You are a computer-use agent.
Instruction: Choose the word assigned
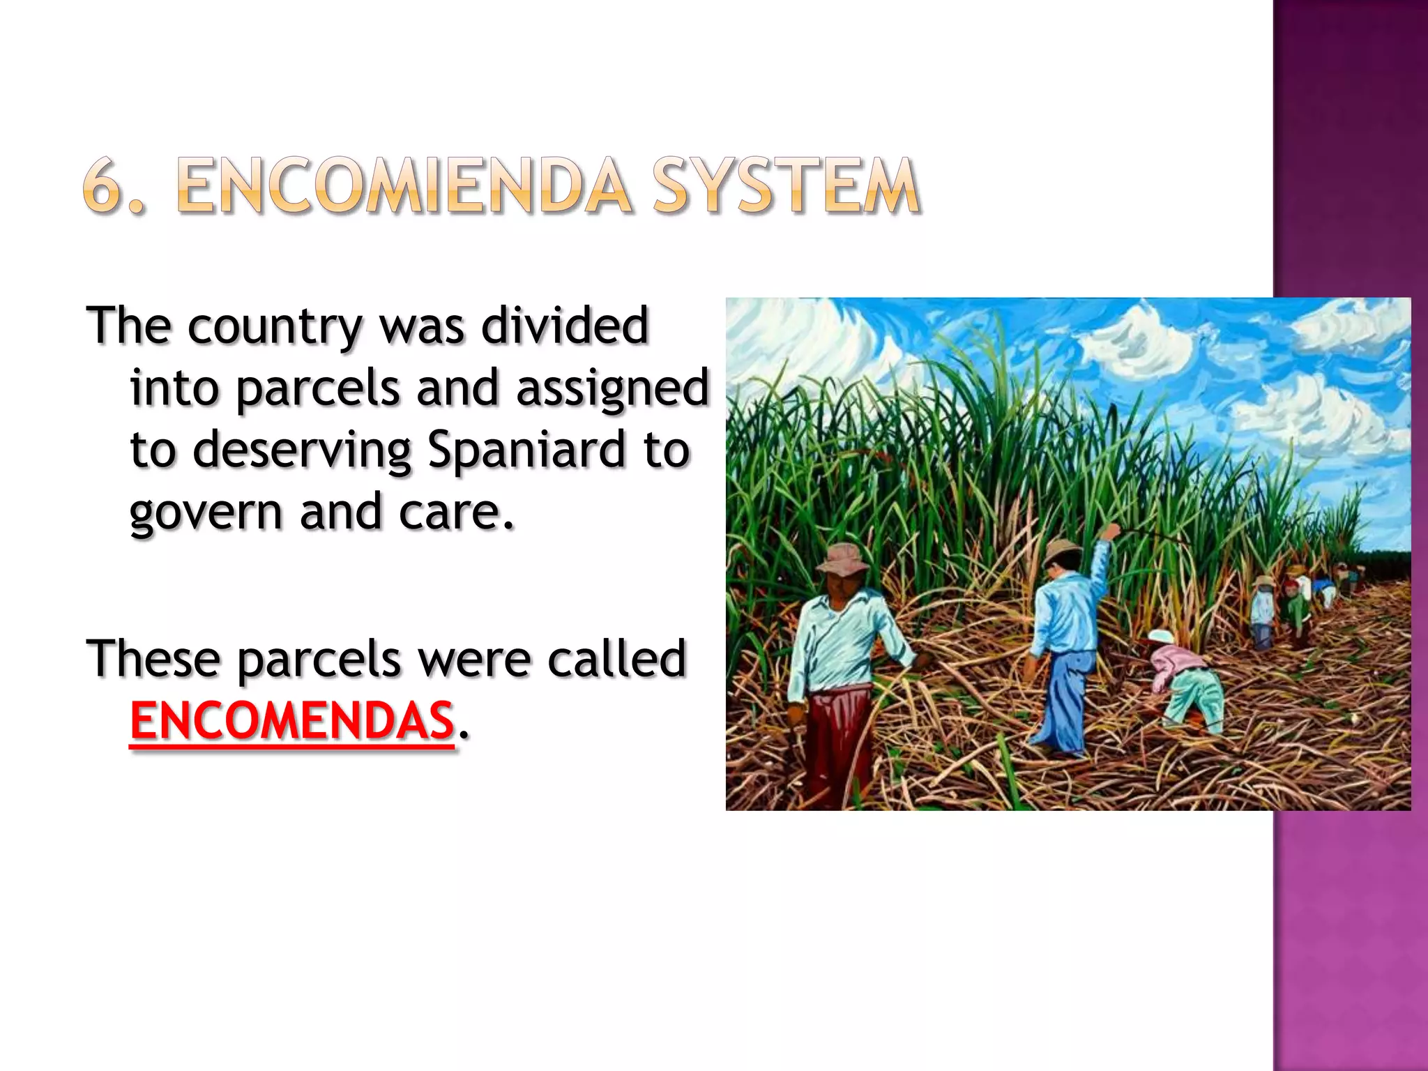[612, 388]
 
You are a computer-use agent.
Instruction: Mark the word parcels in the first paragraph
[317, 388]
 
